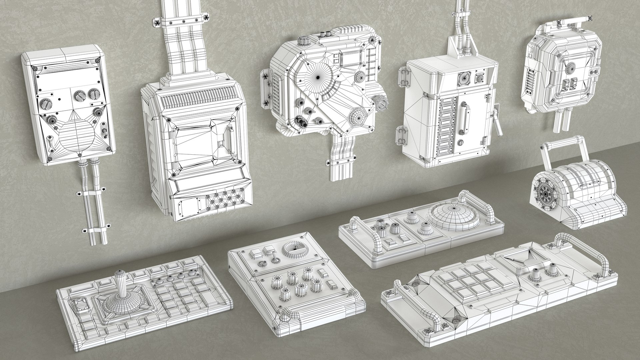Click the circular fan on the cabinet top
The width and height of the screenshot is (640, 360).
tap(464, 78)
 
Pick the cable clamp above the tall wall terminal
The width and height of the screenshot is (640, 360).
tap(180, 21)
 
